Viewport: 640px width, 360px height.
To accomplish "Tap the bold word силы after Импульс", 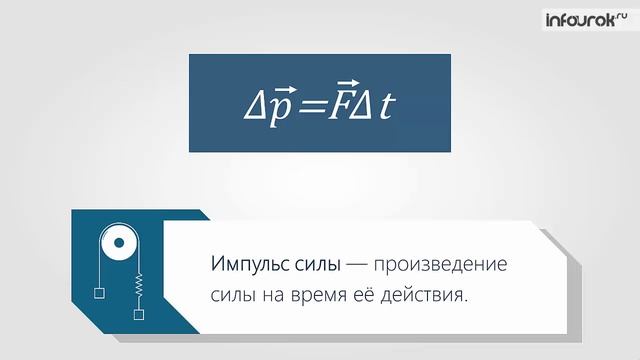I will (310, 266).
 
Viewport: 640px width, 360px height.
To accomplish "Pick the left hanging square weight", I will (100, 294).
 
